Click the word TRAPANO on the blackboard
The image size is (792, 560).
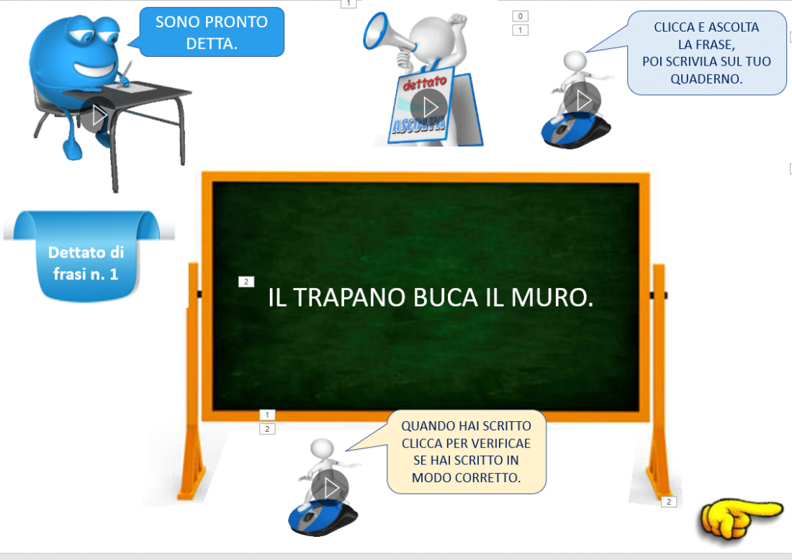pos(350,297)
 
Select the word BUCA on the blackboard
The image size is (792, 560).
pos(446,297)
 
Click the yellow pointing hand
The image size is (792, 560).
pos(740,518)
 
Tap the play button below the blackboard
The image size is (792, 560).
pos(330,488)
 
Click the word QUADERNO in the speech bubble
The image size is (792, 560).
pos(706,79)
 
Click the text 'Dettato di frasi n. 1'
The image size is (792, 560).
pos(86,263)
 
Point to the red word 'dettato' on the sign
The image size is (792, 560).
pos(424,82)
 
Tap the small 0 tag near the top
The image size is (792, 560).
pos(521,16)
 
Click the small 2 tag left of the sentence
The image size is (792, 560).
pos(246,281)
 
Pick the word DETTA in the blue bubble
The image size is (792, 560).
pos(212,44)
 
